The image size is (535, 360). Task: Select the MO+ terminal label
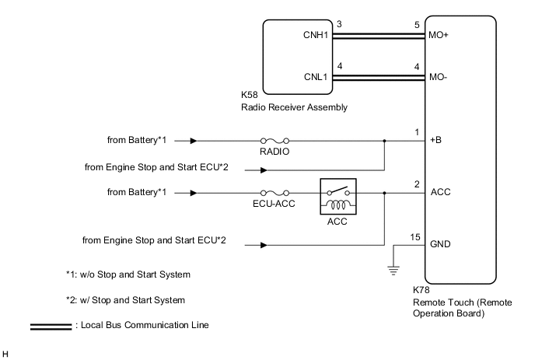point(439,35)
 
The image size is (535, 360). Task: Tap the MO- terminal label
point(439,77)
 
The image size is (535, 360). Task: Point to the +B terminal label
point(435,142)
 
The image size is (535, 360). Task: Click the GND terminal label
point(439,243)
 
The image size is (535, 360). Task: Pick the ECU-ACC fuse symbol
point(277,191)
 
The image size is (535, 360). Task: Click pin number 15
point(413,236)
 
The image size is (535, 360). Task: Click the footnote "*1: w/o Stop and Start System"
point(128,274)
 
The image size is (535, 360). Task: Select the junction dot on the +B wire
point(385,142)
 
